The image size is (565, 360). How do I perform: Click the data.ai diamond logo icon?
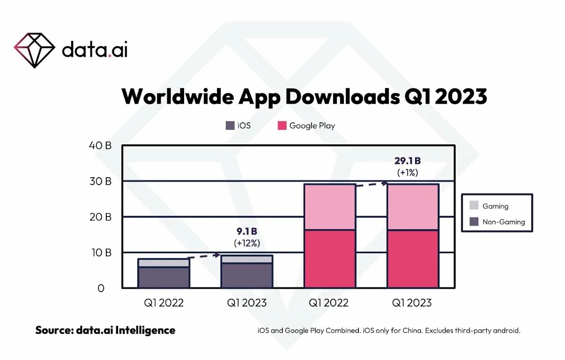pyautogui.click(x=35, y=50)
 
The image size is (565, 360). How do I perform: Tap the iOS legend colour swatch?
pyautogui.click(x=230, y=126)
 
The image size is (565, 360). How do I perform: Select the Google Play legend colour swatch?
pyautogui.click(x=282, y=126)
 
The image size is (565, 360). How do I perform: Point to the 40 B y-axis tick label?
pyautogui.click(x=100, y=145)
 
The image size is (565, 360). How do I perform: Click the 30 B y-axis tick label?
pyautogui.click(x=100, y=181)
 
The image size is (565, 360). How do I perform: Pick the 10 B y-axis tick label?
pyautogui.click(x=100, y=253)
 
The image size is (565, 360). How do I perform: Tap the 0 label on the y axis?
pyautogui.click(x=101, y=288)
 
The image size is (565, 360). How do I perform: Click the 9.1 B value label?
pyautogui.click(x=247, y=231)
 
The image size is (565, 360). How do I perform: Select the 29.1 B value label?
pyautogui.click(x=408, y=161)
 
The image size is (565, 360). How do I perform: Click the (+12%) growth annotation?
pyautogui.click(x=247, y=243)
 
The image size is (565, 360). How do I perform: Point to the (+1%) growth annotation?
pyautogui.click(x=408, y=172)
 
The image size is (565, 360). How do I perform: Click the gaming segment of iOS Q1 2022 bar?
pyautogui.click(x=164, y=262)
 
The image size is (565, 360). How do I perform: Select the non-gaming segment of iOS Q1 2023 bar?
pyautogui.click(x=247, y=275)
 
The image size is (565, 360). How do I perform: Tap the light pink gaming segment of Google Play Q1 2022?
pyautogui.click(x=330, y=207)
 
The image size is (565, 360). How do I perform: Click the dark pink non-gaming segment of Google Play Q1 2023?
pyautogui.click(x=413, y=259)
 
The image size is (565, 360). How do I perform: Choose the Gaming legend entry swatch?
pyautogui.click(x=474, y=205)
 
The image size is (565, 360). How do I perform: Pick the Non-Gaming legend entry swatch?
pyautogui.click(x=474, y=222)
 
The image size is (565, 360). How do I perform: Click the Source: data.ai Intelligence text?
pyautogui.click(x=105, y=330)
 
